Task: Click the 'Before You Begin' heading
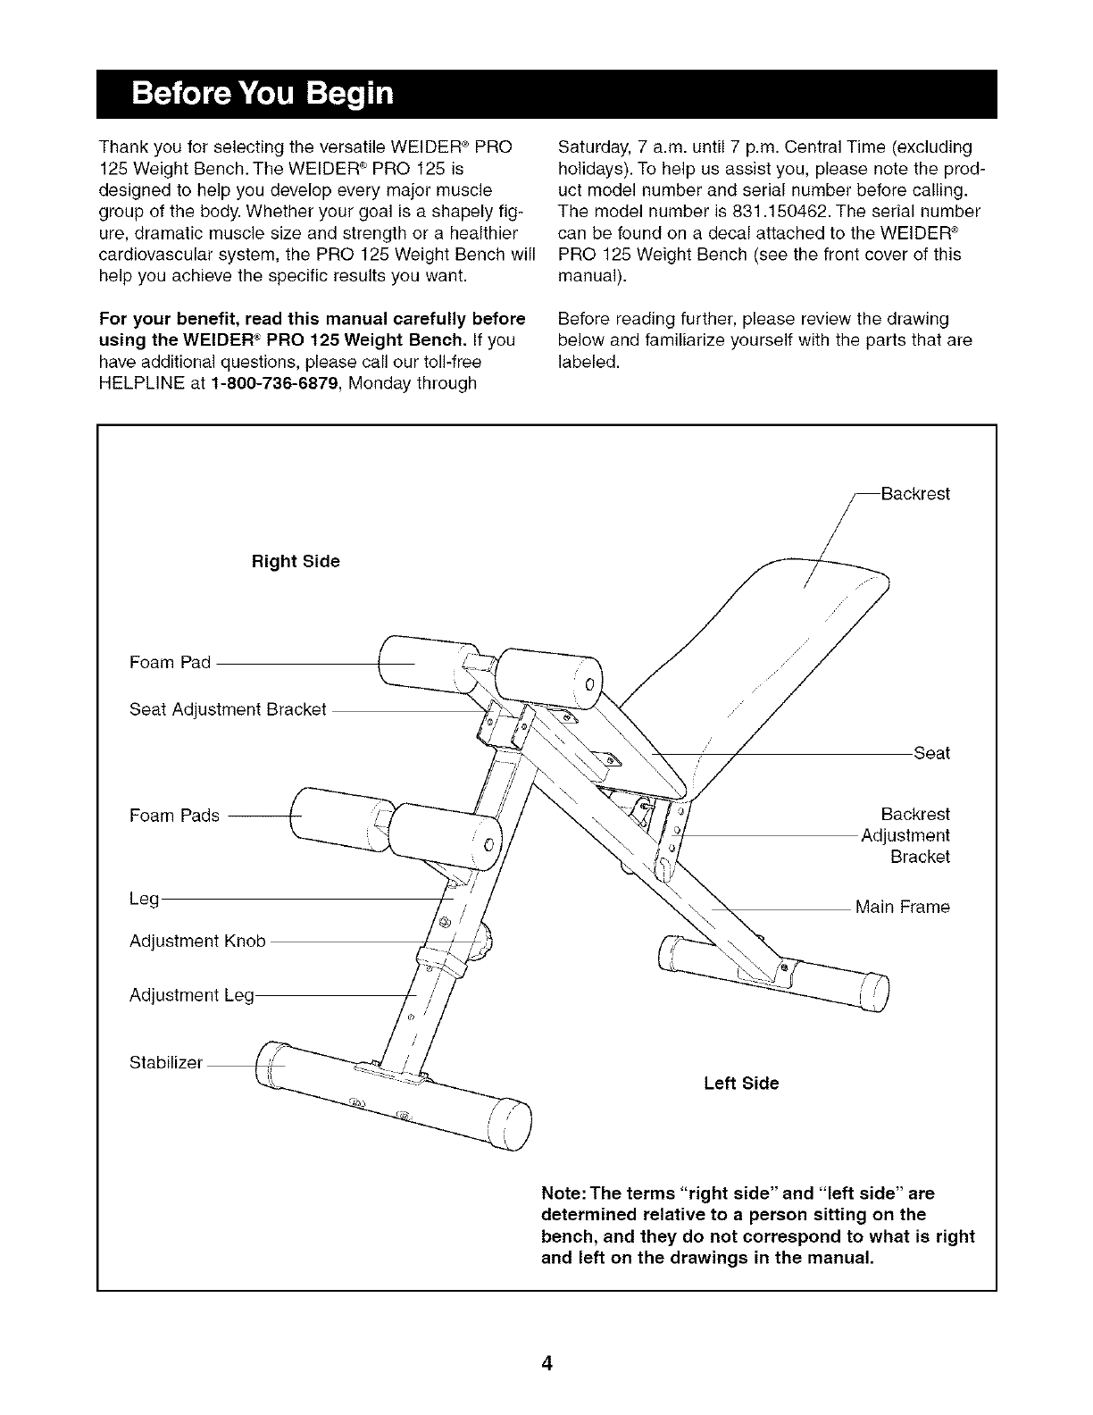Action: (262, 94)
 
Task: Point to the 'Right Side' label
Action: (296, 561)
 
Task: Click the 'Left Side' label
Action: (741, 1083)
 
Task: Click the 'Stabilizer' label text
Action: (166, 1062)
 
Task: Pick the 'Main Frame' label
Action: (902, 908)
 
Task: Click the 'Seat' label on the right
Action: (931, 753)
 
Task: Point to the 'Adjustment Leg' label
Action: (192, 994)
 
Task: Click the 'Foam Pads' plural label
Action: (174, 815)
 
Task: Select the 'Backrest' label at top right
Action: (915, 494)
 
